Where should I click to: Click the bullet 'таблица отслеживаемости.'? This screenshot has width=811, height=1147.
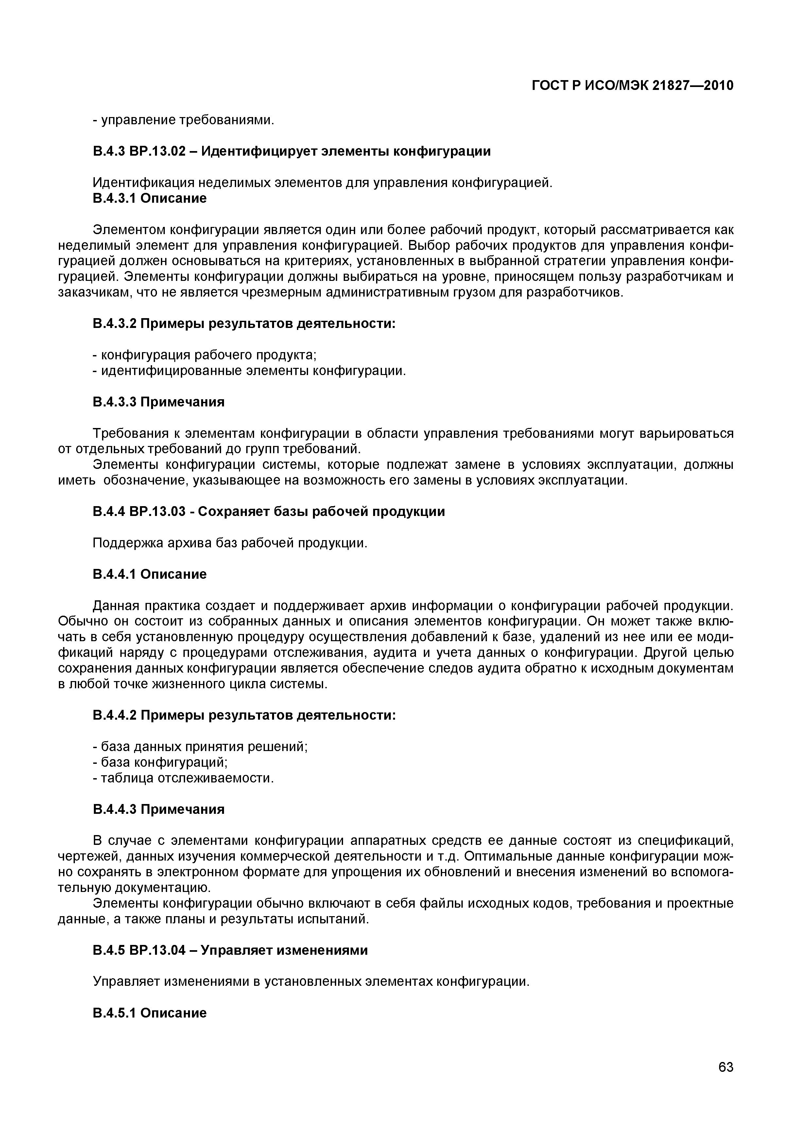(x=184, y=778)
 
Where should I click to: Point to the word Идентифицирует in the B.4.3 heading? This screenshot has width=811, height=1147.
(x=260, y=151)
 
